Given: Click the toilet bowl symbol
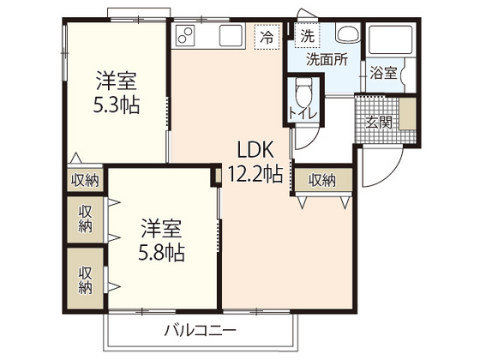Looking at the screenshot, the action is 304,90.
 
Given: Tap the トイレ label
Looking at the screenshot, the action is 303,114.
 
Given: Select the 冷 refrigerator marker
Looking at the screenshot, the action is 267,37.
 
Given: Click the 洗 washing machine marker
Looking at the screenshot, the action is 307,36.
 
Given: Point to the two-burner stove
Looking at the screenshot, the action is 185,35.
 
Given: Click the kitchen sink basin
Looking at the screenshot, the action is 231,35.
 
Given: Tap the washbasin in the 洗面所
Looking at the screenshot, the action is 347,33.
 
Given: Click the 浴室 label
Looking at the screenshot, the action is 383,74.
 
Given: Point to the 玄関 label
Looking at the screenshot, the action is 379,123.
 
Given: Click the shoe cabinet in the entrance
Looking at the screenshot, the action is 407,114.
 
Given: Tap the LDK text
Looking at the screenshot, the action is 255,150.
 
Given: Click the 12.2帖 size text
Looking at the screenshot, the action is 255,175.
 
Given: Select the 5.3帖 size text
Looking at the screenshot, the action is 117,105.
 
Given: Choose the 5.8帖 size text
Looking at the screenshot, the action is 161,253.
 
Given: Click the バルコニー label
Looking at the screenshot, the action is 201,330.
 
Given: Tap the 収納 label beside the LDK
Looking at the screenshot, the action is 322,180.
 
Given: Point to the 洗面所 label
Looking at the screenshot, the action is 327,59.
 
